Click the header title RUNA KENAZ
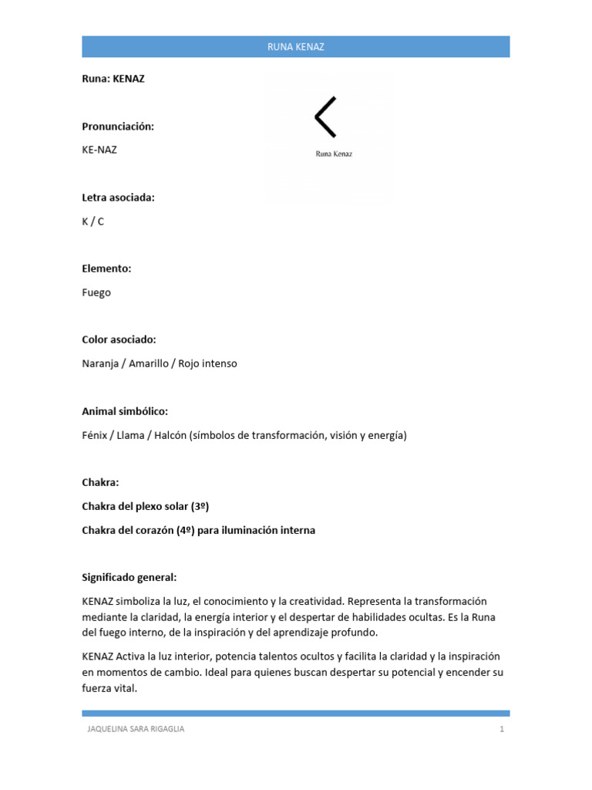(x=296, y=47)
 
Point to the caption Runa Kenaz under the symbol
(x=334, y=154)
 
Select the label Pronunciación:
(x=118, y=126)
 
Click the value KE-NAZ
(x=99, y=150)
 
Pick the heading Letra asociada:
(x=118, y=197)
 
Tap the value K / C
(x=92, y=221)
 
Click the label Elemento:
(x=106, y=268)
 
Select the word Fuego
(x=96, y=292)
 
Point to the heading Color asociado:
(x=119, y=339)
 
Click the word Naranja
(x=101, y=363)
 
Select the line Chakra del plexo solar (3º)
(x=146, y=506)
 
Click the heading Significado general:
(x=129, y=577)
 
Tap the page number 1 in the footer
(x=501, y=729)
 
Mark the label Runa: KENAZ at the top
(x=113, y=79)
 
